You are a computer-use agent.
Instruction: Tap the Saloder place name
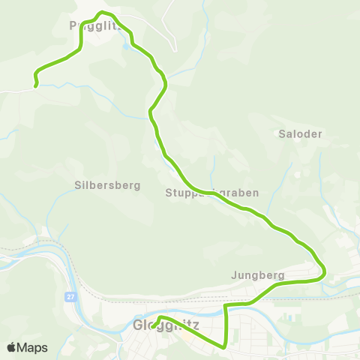pyautogui.click(x=300, y=134)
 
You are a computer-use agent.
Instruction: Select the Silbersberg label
pyautogui.click(x=107, y=185)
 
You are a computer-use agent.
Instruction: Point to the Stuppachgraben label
pyautogui.click(x=212, y=193)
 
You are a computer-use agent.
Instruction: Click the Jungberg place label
pyautogui.click(x=258, y=275)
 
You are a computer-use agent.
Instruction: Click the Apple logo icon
pyautogui.click(x=12, y=347)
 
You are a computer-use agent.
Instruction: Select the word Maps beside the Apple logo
pyautogui.click(x=32, y=348)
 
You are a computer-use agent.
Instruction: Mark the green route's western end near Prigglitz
pyautogui.click(x=35, y=85)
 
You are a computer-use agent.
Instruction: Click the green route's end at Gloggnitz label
pyautogui.click(x=153, y=327)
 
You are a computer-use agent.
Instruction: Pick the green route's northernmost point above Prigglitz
pyautogui.click(x=103, y=13)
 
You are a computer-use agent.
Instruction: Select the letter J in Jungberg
pyautogui.click(x=235, y=275)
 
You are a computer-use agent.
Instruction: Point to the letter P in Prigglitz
pyautogui.click(x=72, y=25)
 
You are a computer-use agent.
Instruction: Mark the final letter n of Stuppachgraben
pyautogui.click(x=256, y=193)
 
